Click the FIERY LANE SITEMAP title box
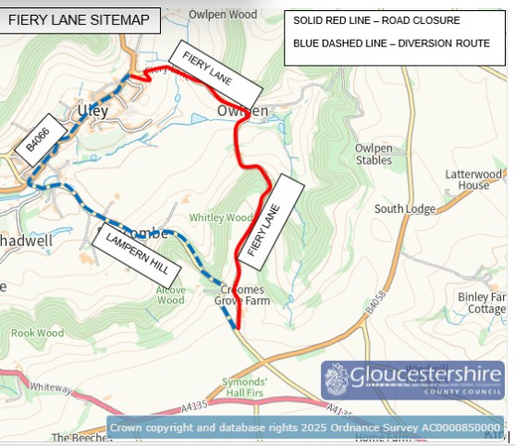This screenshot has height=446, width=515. click(x=79, y=19)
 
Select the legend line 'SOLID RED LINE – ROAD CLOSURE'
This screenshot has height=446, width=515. click(x=376, y=20)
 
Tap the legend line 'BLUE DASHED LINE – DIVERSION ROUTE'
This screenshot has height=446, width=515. click(x=391, y=43)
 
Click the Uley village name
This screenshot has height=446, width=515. click(x=93, y=111)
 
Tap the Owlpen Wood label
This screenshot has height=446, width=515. click(x=223, y=15)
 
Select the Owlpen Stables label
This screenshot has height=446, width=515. click(x=374, y=154)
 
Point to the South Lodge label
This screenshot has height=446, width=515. click(x=404, y=209)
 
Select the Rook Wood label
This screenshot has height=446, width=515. click(x=37, y=332)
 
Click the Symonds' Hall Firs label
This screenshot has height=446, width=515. click(x=245, y=387)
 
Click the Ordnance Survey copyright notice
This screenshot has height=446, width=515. click(x=305, y=427)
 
